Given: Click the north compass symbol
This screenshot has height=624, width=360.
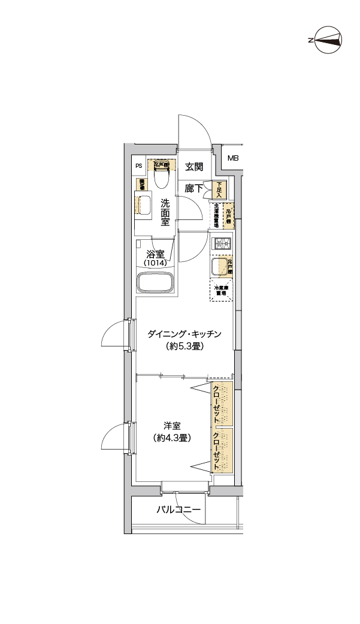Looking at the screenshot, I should pos(326,40).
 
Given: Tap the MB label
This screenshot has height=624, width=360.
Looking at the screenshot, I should pos(232,158).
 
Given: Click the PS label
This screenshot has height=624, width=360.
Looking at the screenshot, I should pos(138,166).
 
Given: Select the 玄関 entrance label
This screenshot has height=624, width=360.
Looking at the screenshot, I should pos(193,167).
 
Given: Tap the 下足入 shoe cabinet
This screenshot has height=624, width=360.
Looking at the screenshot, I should pos(220,190).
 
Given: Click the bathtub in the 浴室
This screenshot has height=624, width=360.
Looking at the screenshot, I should pos(155,282).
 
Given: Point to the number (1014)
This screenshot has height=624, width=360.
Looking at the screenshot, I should pos(155,263).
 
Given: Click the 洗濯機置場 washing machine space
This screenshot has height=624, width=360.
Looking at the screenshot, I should pos(216,216).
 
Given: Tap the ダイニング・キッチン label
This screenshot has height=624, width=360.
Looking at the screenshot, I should pos(185,334).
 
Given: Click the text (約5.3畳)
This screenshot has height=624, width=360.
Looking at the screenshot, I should pos(185,347).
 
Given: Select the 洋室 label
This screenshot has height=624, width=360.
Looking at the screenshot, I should pos(173,426).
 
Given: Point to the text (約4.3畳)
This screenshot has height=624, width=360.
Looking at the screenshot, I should pos(173,438).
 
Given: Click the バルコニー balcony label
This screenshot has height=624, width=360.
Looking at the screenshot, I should pos(179,511).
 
